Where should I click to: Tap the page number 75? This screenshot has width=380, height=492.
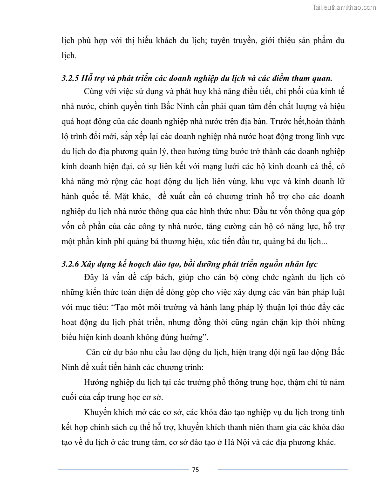(196, 470)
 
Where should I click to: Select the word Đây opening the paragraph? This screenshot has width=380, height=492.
(92, 278)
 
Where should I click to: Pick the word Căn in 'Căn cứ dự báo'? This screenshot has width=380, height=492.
(95, 353)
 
